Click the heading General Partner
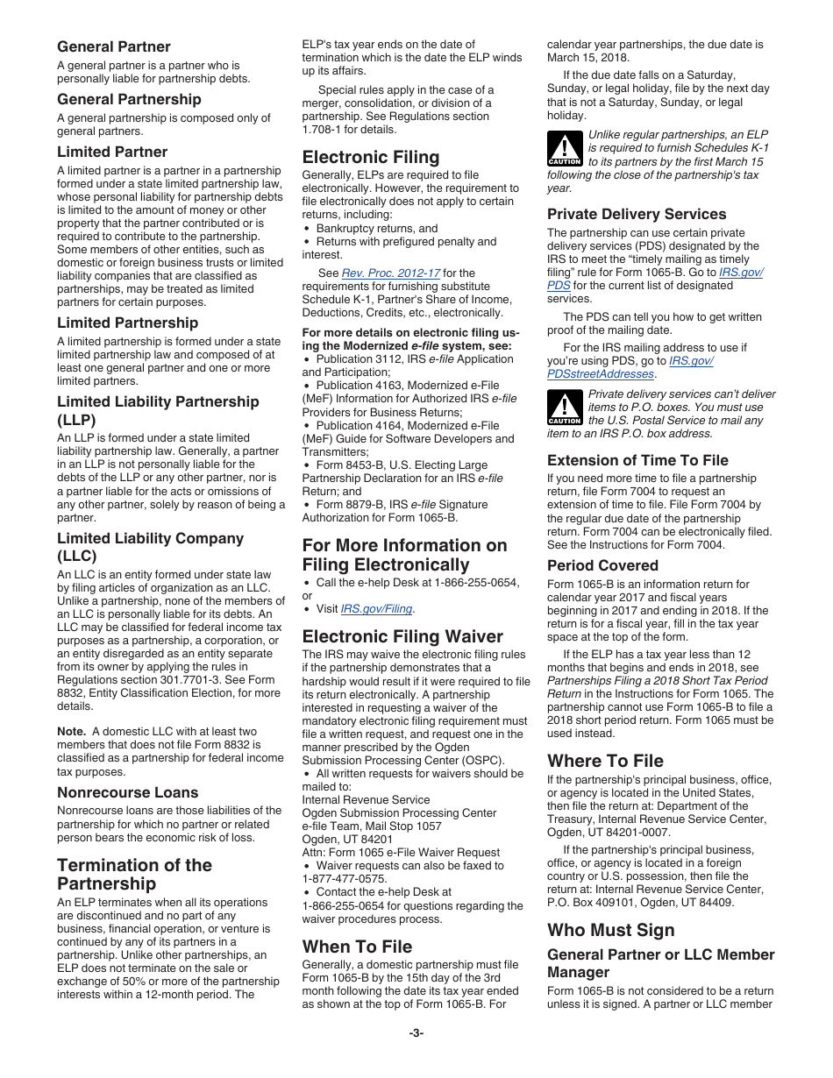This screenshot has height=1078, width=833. point(114,46)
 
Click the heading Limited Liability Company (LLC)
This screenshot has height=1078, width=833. point(150,547)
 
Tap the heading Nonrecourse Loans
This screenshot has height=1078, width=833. point(128,792)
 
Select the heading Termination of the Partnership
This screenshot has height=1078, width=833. point(134,874)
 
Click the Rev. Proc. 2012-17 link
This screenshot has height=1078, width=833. point(390,273)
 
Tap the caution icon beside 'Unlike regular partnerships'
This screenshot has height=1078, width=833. point(565,149)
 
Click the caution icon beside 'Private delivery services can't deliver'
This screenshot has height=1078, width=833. point(565,408)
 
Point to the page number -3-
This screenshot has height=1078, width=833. point(416,1032)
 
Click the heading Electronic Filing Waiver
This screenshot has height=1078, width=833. point(402,636)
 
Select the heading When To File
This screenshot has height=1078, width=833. point(357,947)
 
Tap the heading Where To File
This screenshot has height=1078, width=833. point(605,760)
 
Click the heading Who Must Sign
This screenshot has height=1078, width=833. point(611,930)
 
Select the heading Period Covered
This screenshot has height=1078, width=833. point(602,565)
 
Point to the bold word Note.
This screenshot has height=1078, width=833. point(71,731)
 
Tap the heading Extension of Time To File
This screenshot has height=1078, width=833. point(637,460)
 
